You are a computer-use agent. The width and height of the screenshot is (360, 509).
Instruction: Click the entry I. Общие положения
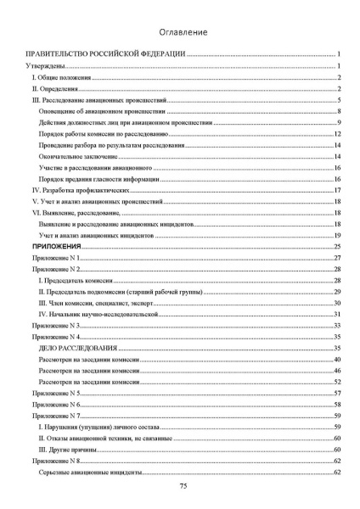[58, 77]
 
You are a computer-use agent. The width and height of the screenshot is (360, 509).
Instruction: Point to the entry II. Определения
[53, 88]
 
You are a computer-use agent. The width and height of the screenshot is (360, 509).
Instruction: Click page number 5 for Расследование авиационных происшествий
[338, 100]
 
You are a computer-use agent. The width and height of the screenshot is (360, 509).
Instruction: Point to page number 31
[337, 314]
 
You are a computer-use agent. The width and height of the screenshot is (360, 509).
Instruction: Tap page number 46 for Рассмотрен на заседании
[337, 372]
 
